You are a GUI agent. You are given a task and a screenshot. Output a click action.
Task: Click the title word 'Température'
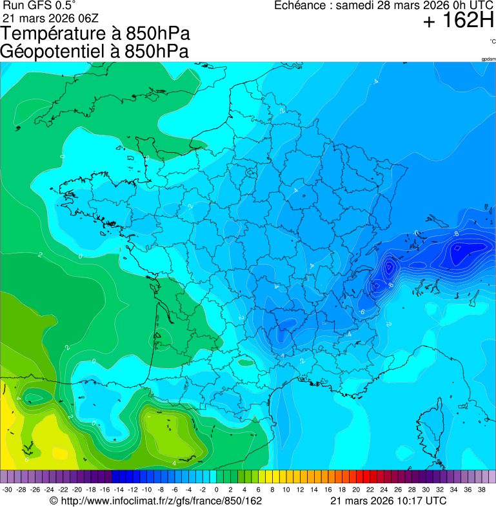coord(58,34)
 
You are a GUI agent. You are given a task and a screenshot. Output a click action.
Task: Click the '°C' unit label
coord(492,41)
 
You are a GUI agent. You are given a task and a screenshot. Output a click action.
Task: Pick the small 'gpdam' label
coord(488,59)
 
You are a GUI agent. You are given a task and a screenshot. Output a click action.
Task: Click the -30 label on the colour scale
coord(8,490)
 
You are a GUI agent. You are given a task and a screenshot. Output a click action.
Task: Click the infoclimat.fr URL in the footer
coord(161,501)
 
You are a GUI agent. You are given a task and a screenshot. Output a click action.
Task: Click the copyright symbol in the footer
coord(54,501)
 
